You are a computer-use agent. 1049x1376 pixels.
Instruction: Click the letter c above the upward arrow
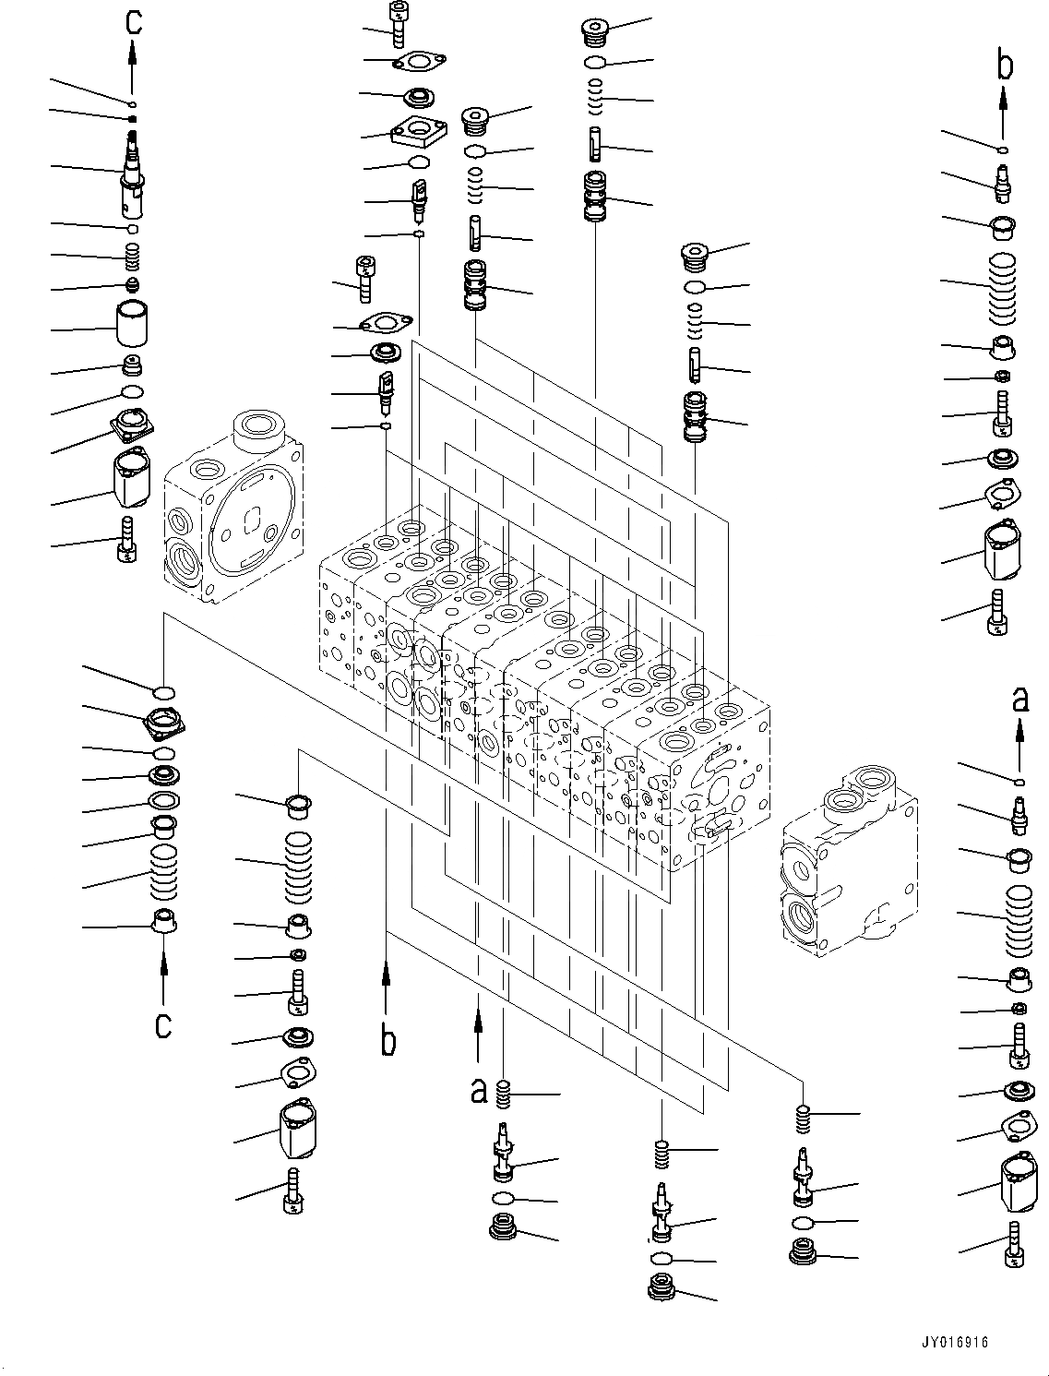[134, 20]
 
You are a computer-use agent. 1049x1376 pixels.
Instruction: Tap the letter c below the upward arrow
[163, 1024]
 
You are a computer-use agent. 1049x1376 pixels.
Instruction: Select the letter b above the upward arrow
[1005, 65]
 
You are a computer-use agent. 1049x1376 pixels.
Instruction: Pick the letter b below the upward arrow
[389, 1040]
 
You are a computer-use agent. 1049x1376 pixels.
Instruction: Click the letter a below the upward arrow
[478, 1091]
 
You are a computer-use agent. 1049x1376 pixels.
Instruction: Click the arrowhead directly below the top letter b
[1004, 95]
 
